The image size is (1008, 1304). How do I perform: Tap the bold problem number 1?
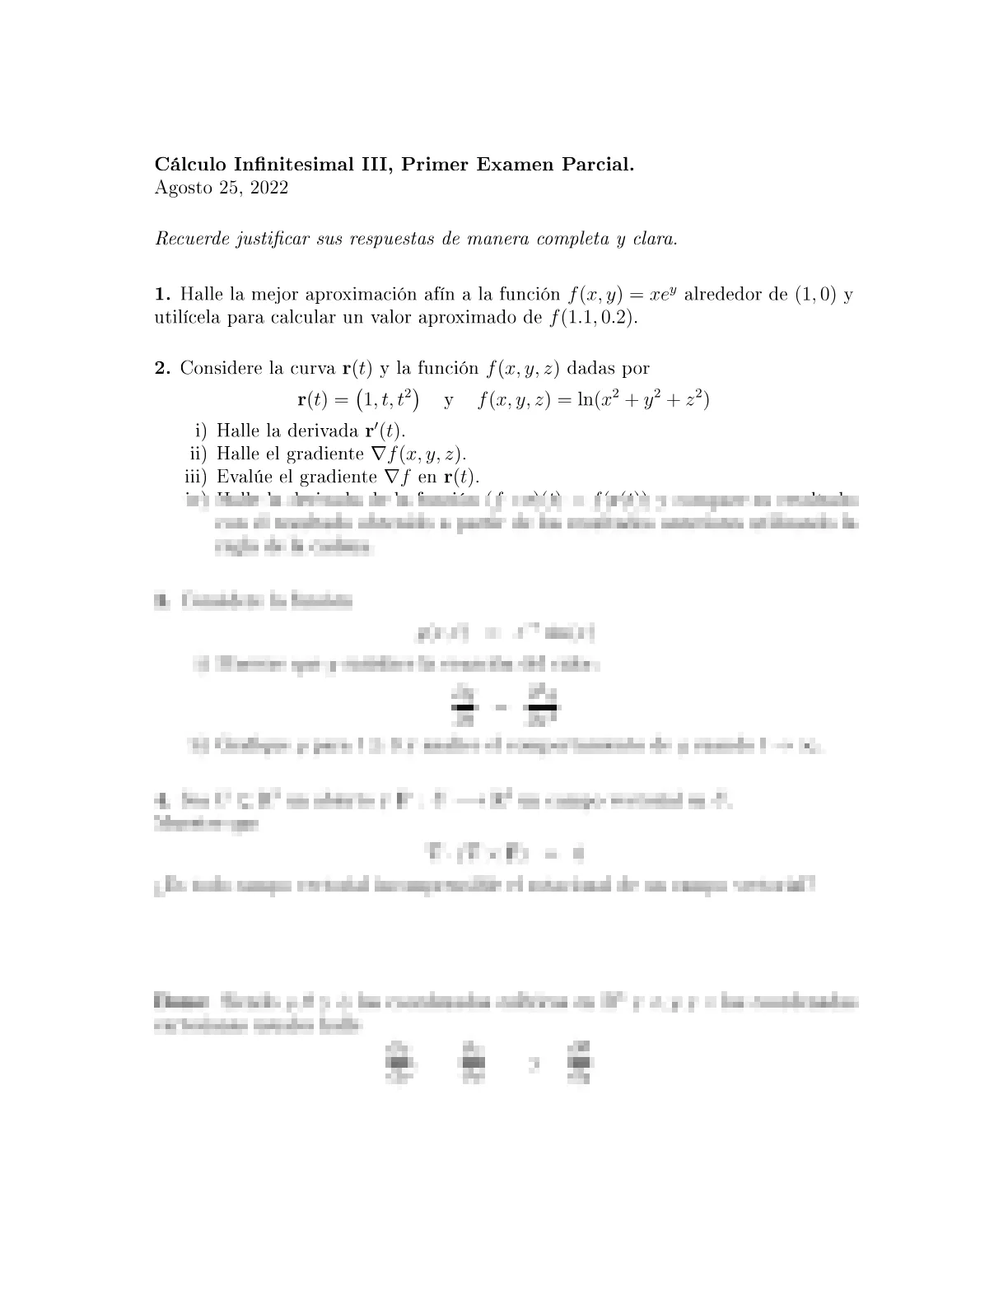162,295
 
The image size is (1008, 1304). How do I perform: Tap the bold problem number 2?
162,368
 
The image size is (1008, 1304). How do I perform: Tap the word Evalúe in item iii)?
242,477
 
